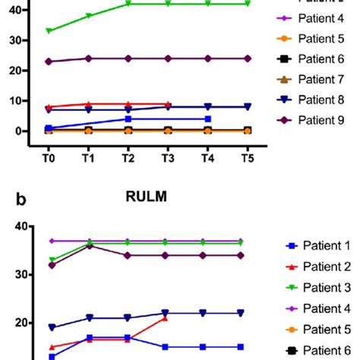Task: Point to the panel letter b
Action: click(x=21, y=200)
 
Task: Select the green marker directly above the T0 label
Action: click(x=49, y=31)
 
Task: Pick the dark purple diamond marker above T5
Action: click(x=247, y=58)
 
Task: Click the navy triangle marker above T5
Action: click(x=247, y=107)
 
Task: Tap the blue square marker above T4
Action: click(x=207, y=118)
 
